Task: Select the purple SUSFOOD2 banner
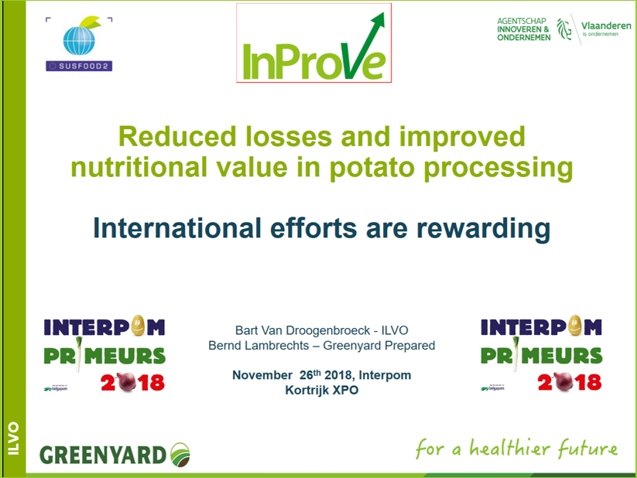click(79, 66)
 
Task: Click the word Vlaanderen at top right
click(606, 26)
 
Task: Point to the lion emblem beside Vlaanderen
click(564, 29)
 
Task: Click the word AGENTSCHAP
click(522, 21)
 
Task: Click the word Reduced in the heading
click(177, 136)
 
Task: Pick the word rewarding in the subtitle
click(484, 228)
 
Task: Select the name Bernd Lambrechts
click(259, 345)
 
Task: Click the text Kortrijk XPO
click(322, 391)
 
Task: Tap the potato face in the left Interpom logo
click(138, 326)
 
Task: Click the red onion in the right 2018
click(563, 382)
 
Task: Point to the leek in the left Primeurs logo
click(79, 354)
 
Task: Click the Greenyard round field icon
click(180, 455)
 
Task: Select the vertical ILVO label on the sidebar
click(13, 439)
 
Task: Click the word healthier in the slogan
click(509, 448)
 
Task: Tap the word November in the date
click(262, 375)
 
